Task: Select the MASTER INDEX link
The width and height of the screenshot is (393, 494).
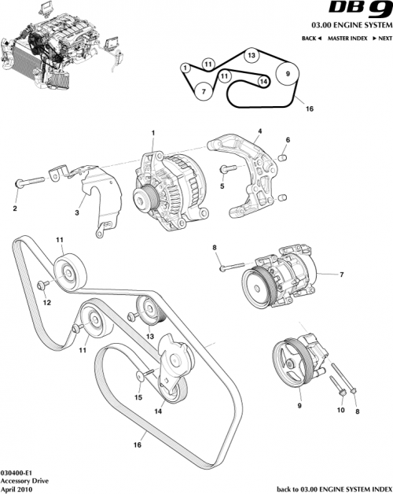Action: click(x=349, y=39)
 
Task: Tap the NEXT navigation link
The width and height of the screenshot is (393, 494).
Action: click(x=382, y=39)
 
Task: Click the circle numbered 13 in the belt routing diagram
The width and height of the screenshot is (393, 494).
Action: click(x=250, y=57)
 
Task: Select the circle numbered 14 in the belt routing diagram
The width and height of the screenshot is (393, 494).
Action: click(x=263, y=81)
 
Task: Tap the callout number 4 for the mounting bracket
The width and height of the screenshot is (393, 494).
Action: click(x=260, y=131)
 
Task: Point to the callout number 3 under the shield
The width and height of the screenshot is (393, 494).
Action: click(x=77, y=212)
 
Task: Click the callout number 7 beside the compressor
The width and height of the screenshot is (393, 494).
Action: click(x=341, y=275)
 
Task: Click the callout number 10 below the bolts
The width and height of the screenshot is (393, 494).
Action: click(x=340, y=409)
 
